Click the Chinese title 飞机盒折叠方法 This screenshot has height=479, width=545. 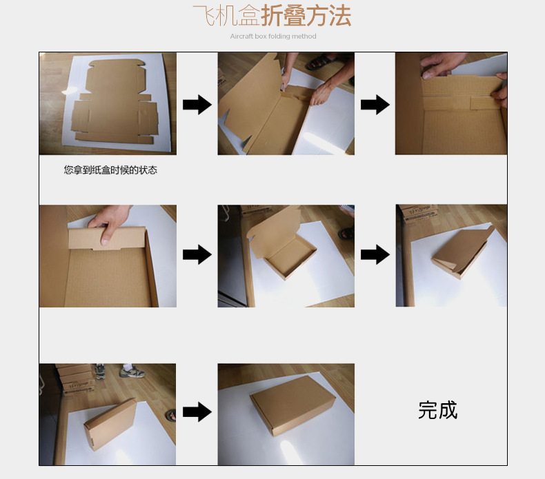point(272,16)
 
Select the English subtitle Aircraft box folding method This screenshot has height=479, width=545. point(273,36)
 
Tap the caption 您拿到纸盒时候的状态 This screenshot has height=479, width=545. point(110,170)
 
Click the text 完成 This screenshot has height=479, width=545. point(437,410)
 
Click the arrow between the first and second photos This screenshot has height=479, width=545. point(197,105)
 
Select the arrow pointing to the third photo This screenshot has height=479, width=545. point(375,105)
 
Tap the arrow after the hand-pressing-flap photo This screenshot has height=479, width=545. point(197,254)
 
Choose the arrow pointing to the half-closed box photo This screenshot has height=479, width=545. point(375,254)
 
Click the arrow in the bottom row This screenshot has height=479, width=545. point(197,412)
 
